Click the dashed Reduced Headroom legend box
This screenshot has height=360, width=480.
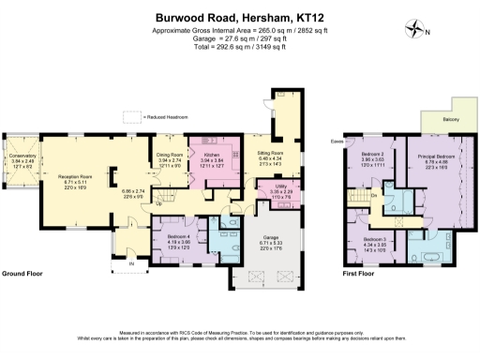(x=130, y=116)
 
